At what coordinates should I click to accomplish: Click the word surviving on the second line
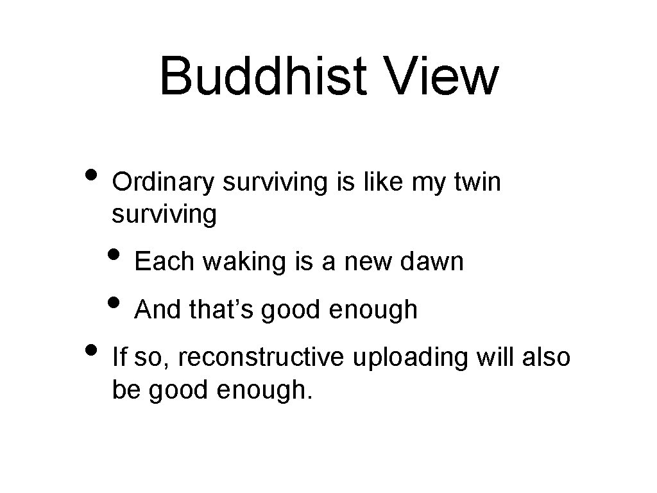coord(164,215)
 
